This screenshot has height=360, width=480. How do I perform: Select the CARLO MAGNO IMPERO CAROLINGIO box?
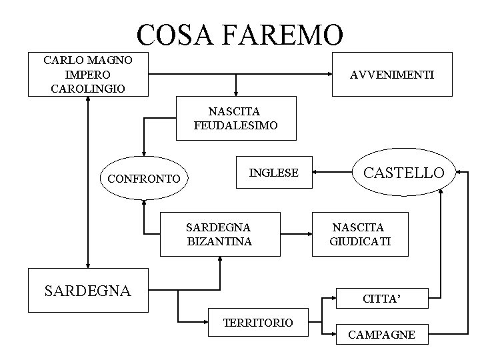[88, 74]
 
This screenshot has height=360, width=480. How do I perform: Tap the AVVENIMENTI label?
[392, 75]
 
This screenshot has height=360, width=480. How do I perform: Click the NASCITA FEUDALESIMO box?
[235, 118]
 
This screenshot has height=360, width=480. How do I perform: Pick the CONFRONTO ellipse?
[143, 178]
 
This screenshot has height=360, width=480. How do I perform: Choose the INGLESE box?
[273, 173]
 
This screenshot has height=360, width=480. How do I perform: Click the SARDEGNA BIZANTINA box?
[219, 233]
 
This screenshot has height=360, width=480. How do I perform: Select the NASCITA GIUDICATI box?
[361, 234]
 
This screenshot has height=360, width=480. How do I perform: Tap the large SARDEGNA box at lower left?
[88, 290]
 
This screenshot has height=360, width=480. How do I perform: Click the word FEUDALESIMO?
[235, 125]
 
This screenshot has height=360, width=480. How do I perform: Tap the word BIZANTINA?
[219, 241]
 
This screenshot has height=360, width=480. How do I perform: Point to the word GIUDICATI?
[361, 241]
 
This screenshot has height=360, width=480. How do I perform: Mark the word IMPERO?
[88, 74]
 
